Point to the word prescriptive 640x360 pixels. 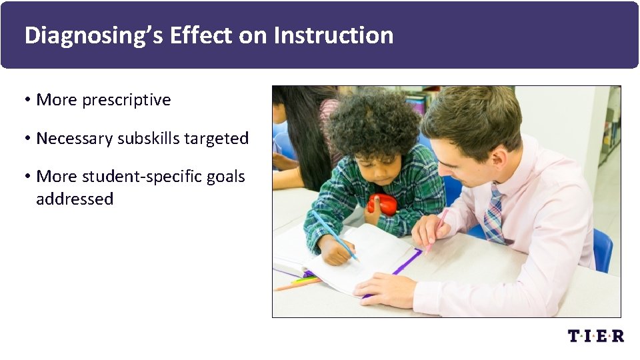pyautogui.click(x=126, y=100)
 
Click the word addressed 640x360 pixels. pyautogui.click(x=75, y=199)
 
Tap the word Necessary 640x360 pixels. pyautogui.click(x=75, y=139)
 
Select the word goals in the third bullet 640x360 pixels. pyautogui.click(x=227, y=177)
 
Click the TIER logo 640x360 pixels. pyautogui.click(x=595, y=335)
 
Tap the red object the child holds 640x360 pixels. pyautogui.click(x=382, y=204)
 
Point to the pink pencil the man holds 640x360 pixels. pyautogui.click(x=436, y=229)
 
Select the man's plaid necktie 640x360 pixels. pyautogui.click(x=493, y=215)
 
